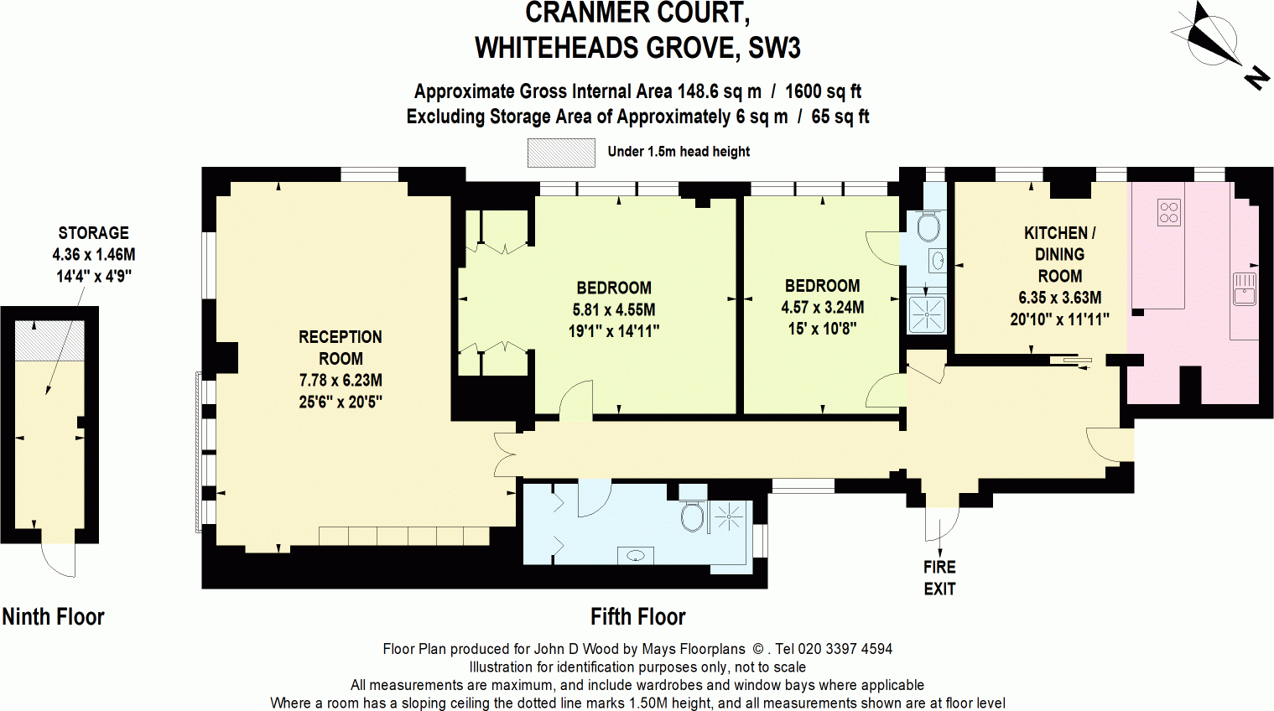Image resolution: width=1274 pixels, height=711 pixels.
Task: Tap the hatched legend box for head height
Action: tap(560, 153)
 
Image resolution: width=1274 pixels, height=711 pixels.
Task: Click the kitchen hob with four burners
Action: tap(1168, 212)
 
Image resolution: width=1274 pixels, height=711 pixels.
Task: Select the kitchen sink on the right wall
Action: tap(1244, 288)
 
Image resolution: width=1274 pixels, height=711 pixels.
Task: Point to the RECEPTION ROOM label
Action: tap(340, 348)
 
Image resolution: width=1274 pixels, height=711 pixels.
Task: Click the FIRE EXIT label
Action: tap(939, 578)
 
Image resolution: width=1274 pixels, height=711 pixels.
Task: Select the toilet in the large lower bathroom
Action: tap(692, 517)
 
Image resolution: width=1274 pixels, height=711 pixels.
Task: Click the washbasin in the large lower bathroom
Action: tap(635, 555)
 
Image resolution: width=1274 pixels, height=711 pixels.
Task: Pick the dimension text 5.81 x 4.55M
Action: tap(613, 309)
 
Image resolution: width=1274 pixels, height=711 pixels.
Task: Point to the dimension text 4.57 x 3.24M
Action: tap(822, 307)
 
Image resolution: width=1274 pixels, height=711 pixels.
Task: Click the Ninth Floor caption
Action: tap(53, 617)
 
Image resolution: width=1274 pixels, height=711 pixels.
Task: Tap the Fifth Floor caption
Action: tap(637, 617)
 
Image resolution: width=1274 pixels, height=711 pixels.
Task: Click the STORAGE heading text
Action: tap(93, 233)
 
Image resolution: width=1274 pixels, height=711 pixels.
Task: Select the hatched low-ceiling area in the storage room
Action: tap(49, 340)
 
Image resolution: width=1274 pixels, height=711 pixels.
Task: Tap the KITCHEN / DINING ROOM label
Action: tap(1059, 254)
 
